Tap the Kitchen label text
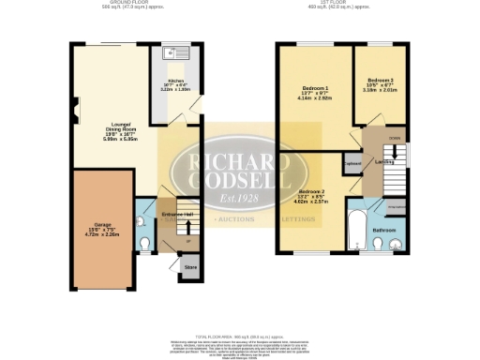[x=176, y=83]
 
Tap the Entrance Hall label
[x=176, y=216]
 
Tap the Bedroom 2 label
[x=317, y=194]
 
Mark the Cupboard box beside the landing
[x=352, y=161]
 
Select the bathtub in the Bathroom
[x=357, y=230]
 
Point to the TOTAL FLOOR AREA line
[x=241, y=336]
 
